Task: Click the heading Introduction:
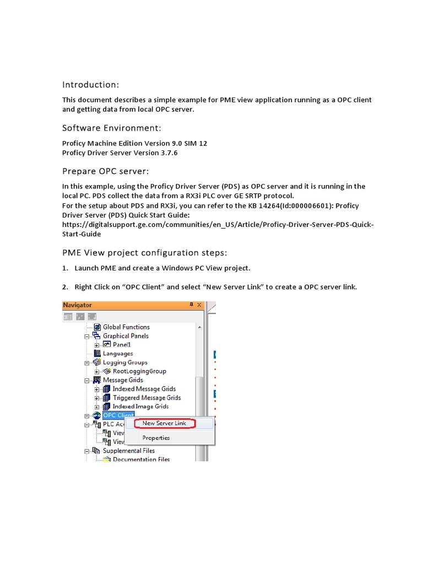coord(90,85)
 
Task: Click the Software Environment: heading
coord(112,128)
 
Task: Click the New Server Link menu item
coord(164,423)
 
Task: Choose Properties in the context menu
coord(156,438)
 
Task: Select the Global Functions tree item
coord(126,327)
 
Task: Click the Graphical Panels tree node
coord(126,335)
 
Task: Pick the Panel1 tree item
coord(122,344)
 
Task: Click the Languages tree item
coord(118,353)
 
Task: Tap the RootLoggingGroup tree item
coord(139,371)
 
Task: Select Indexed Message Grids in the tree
coord(144,389)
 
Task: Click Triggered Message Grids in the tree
coord(147,398)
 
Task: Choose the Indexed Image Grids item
coord(140,406)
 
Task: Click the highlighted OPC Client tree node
coord(115,415)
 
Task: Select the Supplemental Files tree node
coord(129,451)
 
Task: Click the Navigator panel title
coord(78,305)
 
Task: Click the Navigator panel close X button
coord(199,305)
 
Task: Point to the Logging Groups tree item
coord(125,362)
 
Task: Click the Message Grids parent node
coord(123,380)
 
